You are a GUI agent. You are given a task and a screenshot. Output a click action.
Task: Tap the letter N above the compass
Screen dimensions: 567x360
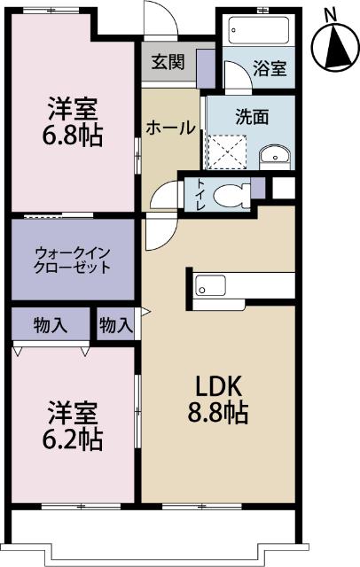pos(330,13)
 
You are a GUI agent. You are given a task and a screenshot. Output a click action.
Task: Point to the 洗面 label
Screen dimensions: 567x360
pos(251,115)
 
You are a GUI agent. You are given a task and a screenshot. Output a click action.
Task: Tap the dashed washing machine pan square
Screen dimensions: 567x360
pos(228,149)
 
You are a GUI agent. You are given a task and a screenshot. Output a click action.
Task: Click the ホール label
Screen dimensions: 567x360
pos(171,128)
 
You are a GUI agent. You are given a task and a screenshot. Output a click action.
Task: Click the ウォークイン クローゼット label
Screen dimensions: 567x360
pos(72,259)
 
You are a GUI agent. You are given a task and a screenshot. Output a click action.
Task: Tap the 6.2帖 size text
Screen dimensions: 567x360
pos(74,439)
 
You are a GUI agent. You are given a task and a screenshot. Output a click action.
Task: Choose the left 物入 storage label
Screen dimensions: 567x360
pos(51,325)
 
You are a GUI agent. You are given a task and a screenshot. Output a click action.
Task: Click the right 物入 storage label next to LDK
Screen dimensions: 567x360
pos(115,325)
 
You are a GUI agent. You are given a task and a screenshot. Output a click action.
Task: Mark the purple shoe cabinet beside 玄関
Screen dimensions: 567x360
pos(206,66)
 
